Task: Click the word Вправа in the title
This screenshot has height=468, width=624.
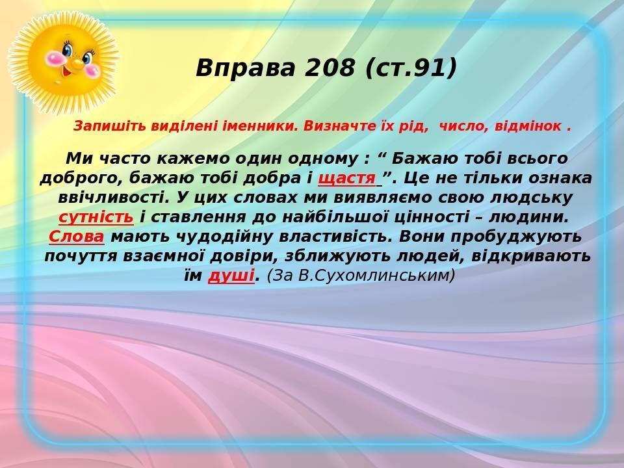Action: (245, 68)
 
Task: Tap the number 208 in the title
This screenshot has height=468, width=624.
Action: (330, 68)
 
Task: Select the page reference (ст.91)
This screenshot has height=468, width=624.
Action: (411, 68)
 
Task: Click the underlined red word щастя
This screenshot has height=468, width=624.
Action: (347, 179)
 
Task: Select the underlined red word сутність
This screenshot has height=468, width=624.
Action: (96, 217)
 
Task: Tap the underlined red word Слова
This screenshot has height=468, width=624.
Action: (77, 237)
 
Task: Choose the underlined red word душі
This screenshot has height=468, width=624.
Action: (231, 276)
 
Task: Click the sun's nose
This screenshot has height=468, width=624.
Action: (75, 63)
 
